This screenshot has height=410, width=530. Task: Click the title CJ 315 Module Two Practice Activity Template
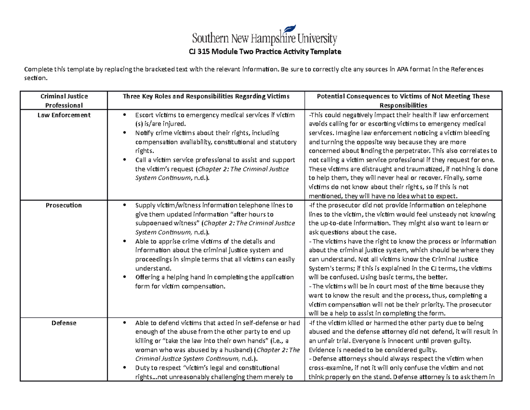pos(265,52)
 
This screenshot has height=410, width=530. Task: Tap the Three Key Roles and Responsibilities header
pos(205,96)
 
